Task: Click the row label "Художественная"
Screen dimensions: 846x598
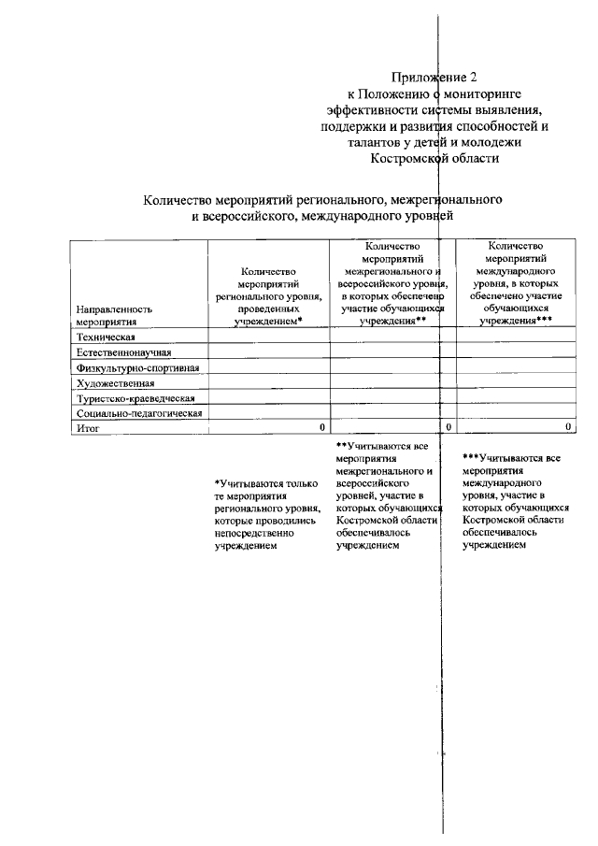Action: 115,382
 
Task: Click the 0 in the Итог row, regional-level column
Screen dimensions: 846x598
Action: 321,427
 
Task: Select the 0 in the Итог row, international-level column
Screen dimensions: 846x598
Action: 568,427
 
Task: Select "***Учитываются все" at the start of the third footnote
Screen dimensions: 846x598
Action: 511,458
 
